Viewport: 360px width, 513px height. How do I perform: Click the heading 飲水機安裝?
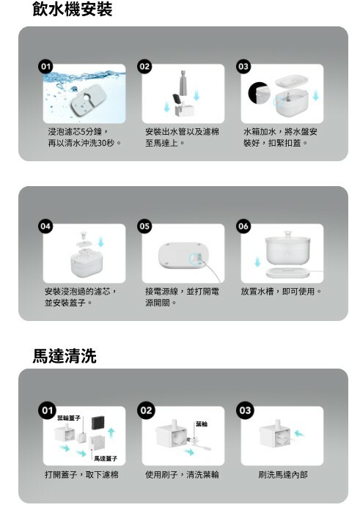[x=73, y=9]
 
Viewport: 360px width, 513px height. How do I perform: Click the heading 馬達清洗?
[x=65, y=355]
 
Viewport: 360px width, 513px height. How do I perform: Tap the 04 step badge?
[x=45, y=226]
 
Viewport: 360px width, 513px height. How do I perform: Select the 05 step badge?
[x=144, y=226]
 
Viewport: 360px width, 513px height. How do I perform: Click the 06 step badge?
[x=243, y=226]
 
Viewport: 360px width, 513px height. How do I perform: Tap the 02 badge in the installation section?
[x=144, y=67]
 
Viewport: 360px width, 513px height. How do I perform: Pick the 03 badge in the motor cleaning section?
[x=245, y=410]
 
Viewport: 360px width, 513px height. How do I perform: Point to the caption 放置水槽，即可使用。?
[x=281, y=291]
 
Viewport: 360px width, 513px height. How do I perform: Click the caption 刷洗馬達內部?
[x=283, y=474]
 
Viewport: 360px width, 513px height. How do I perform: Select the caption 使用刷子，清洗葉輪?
[x=182, y=474]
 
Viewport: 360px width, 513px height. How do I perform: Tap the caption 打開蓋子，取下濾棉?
[x=81, y=474]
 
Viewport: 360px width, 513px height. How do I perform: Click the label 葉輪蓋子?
[x=69, y=418]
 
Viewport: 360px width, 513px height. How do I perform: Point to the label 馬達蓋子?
[x=106, y=459]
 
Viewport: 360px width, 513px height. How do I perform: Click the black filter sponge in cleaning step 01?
[x=98, y=424]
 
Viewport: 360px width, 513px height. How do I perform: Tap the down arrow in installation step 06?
[x=257, y=262]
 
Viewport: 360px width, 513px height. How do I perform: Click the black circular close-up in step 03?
[x=260, y=92]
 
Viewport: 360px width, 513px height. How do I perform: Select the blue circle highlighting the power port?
[x=195, y=258]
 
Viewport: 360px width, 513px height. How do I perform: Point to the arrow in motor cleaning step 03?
[x=299, y=434]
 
